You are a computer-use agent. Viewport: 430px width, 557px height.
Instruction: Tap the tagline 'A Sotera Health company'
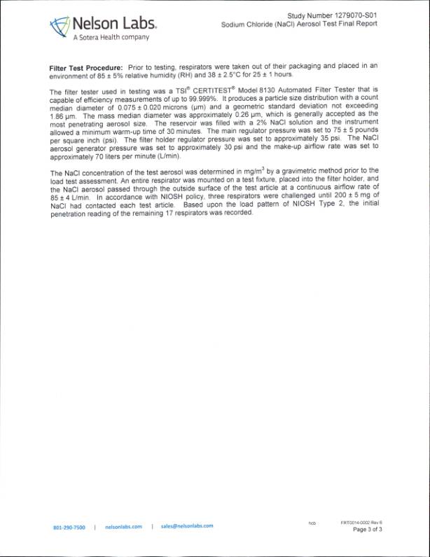coord(111,37)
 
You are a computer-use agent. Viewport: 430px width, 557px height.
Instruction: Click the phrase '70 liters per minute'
coord(116,154)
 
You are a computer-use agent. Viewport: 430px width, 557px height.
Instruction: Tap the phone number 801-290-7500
coord(69,527)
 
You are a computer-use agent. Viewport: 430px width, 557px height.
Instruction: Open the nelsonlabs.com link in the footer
coord(123,526)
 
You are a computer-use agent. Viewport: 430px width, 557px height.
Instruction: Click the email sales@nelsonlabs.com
coord(186,525)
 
